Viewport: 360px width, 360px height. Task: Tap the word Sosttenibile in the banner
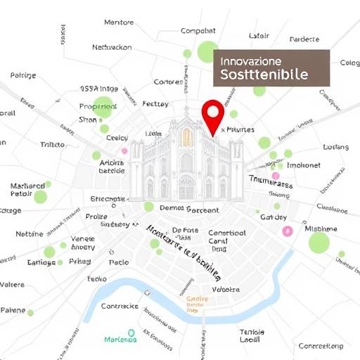click(263, 74)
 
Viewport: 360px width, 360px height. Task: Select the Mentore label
click(119, 22)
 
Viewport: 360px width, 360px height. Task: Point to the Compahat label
click(198, 31)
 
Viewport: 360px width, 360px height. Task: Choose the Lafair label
click(259, 36)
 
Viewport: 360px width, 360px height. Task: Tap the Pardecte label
click(304, 39)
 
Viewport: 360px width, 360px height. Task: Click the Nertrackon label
click(112, 48)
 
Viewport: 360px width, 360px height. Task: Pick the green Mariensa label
click(120, 340)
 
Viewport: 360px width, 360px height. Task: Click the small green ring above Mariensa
click(131, 332)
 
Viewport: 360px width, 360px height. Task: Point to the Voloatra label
click(226, 289)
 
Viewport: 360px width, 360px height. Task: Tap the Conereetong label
click(321, 346)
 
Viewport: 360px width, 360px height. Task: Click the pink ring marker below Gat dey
click(287, 231)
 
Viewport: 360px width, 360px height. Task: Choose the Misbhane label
click(321, 229)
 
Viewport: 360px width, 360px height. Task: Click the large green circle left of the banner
click(207, 51)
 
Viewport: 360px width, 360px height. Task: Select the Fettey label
click(155, 103)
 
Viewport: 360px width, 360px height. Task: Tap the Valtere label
click(12, 285)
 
